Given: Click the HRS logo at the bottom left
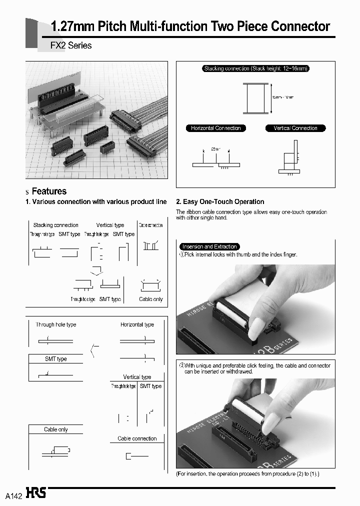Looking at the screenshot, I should tap(36, 493).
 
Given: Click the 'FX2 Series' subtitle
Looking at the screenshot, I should tap(71, 45).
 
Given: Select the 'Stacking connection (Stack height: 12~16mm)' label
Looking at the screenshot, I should tap(255, 68).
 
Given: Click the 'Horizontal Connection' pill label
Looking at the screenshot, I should tap(215, 128).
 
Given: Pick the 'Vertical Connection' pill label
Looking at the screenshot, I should tap(295, 128).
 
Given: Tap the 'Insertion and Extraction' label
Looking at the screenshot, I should tap(209, 246).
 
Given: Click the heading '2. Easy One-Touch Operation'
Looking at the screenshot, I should tap(220, 201).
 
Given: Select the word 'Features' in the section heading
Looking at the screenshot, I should tap(49, 191).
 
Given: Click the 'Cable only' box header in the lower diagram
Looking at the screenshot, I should tap(55, 429).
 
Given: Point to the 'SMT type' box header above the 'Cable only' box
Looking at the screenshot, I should tap(55, 359).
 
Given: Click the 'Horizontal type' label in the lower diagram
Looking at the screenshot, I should tap(137, 324).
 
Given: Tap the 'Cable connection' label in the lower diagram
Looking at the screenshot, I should tap(137, 438).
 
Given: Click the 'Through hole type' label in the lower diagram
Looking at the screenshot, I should tap(55, 324).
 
